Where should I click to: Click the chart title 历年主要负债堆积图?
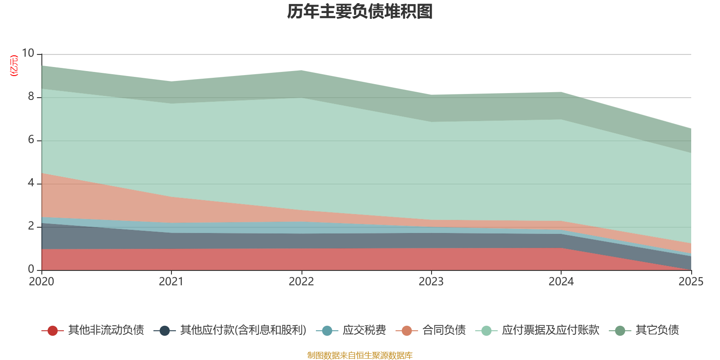(360, 12)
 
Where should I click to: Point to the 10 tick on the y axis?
(28, 54)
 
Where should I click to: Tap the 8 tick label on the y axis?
(31, 97)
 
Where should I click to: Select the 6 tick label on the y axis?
(31, 140)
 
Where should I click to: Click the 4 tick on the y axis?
(31, 183)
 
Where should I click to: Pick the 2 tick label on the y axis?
(31, 226)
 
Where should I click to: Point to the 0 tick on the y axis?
(31, 270)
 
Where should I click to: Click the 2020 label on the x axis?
(41, 282)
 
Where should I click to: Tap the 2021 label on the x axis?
(171, 282)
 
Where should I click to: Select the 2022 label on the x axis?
(301, 282)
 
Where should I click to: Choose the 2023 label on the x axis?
(431, 282)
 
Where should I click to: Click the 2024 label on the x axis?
(561, 282)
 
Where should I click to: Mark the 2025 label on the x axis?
(691, 282)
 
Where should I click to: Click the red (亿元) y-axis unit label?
(14, 66)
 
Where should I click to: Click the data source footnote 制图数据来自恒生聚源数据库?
(360, 355)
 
